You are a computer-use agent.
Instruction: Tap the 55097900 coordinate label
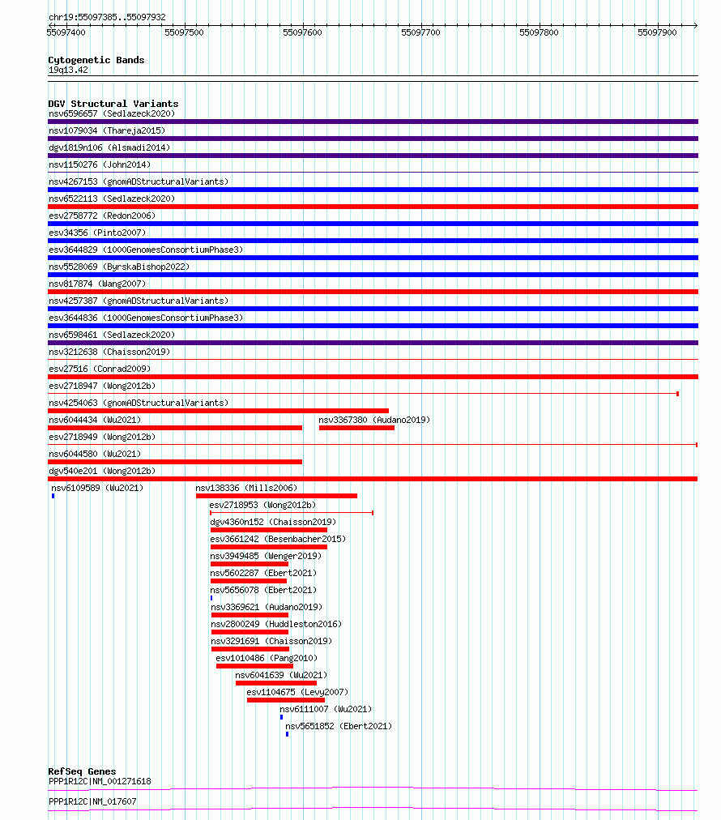click(657, 32)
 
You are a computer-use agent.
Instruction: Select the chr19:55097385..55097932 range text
click(107, 17)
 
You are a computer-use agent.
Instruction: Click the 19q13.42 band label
click(68, 70)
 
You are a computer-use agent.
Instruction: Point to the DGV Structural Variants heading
click(113, 104)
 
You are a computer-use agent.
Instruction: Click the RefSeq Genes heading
click(82, 771)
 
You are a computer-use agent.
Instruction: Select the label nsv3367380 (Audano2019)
click(374, 420)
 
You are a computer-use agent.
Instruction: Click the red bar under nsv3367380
click(356, 428)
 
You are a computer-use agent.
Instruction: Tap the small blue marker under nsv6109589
click(53, 496)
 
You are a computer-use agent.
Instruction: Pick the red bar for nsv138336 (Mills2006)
click(276, 496)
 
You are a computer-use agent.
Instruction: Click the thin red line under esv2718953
click(292, 513)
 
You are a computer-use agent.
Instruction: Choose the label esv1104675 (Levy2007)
click(297, 692)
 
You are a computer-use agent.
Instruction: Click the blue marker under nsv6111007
click(281, 717)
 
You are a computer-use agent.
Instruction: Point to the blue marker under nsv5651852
click(287, 734)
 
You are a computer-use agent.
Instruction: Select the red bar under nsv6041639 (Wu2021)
click(275, 683)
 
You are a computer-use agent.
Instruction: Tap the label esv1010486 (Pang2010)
click(267, 658)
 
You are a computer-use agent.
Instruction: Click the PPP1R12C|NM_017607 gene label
click(92, 801)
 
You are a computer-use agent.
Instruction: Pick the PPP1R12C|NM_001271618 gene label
click(100, 782)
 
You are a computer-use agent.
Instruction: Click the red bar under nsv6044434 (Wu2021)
click(175, 428)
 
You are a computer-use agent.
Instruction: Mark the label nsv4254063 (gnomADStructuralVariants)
click(139, 403)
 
